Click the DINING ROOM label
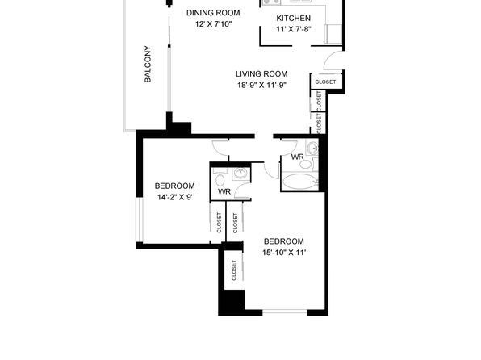pyautogui.click(x=213, y=13)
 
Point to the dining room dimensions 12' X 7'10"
pyautogui.click(x=213, y=24)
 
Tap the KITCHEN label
pyautogui.click(x=294, y=19)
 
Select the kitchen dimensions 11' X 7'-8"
pyautogui.click(x=294, y=30)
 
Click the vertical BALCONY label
pyautogui.click(x=148, y=64)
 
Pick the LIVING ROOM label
pyautogui.click(x=261, y=74)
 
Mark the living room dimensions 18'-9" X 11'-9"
pyautogui.click(x=261, y=85)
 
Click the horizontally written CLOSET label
pyautogui.click(x=325, y=82)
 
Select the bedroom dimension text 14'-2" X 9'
pyautogui.click(x=175, y=197)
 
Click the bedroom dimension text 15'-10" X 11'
pyautogui.click(x=284, y=253)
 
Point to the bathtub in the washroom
pyautogui.click(x=299, y=182)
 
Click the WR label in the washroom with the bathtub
pyautogui.click(x=297, y=157)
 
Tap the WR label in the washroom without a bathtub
pyautogui.click(x=224, y=192)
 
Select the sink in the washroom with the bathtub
pyautogui.click(x=312, y=148)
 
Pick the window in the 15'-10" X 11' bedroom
pyautogui.click(x=285, y=312)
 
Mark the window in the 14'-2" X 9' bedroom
pyautogui.click(x=140, y=220)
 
